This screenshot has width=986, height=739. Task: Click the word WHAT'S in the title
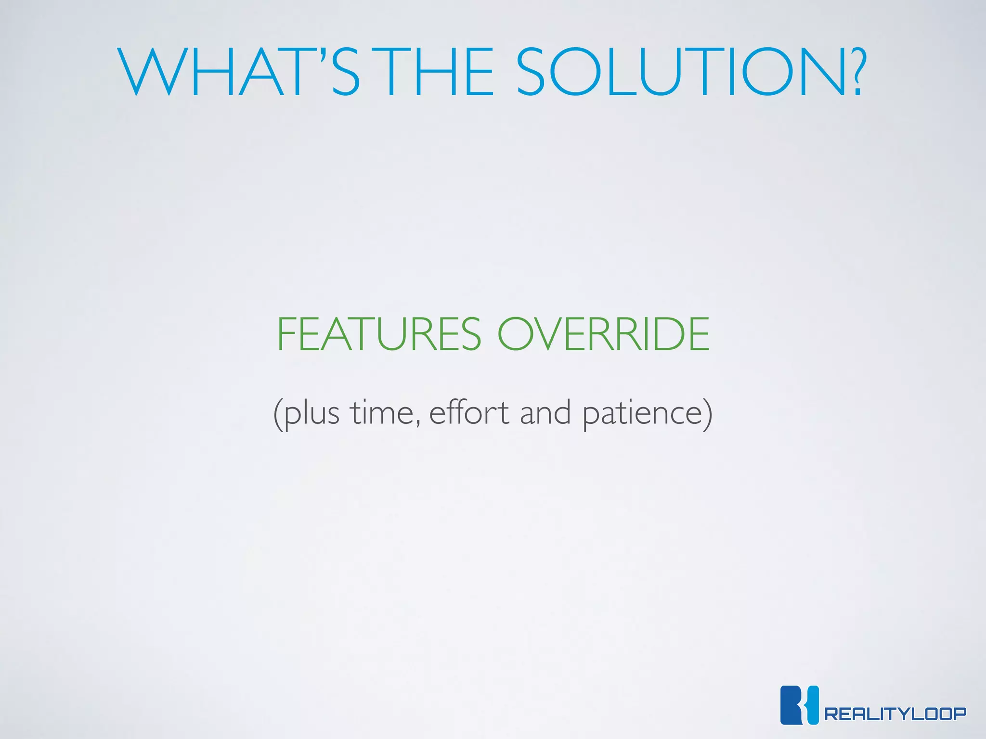[x=238, y=72]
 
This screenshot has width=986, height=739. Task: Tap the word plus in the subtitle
[x=311, y=414]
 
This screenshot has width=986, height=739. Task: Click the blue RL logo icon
[x=799, y=705]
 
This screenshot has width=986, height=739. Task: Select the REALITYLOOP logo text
[x=895, y=714]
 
